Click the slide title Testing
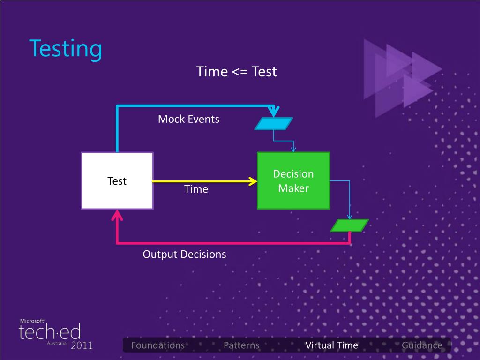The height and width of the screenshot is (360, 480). pyautogui.click(x=66, y=49)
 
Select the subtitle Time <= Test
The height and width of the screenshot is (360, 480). pyautogui.click(x=236, y=72)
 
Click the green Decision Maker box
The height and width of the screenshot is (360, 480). pyautogui.click(x=293, y=180)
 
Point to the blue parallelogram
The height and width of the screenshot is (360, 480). pyautogui.click(x=273, y=123)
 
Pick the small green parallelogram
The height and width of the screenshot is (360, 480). pyautogui.click(x=350, y=225)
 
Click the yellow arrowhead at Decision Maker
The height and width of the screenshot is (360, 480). pyautogui.click(x=254, y=181)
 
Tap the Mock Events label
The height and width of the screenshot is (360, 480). pyautogui.click(x=188, y=119)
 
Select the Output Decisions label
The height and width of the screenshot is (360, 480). pyautogui.click(x=184, y=254)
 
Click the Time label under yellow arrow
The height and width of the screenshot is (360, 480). pyautogui.click(x=196, y=189)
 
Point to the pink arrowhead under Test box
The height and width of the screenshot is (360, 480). pyautogui.click(x=117, y=216)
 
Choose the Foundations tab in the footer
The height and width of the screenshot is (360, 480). pyautogui.click(x=158, y=345)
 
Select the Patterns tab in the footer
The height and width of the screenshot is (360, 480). pyautogui.click(x=241, y=345)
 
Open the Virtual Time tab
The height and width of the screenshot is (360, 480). pyautogui.click(x=331, y=345)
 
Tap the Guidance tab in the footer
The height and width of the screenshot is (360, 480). pyautogui.click(x=422, y=345)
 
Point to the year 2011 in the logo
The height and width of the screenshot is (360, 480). pyautogui.click(x=82, y=346)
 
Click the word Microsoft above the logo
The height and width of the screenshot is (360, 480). pyautogui.click(x=32, y=321)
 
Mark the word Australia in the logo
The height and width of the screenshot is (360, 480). pyautogui.click(x=57, y=344)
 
